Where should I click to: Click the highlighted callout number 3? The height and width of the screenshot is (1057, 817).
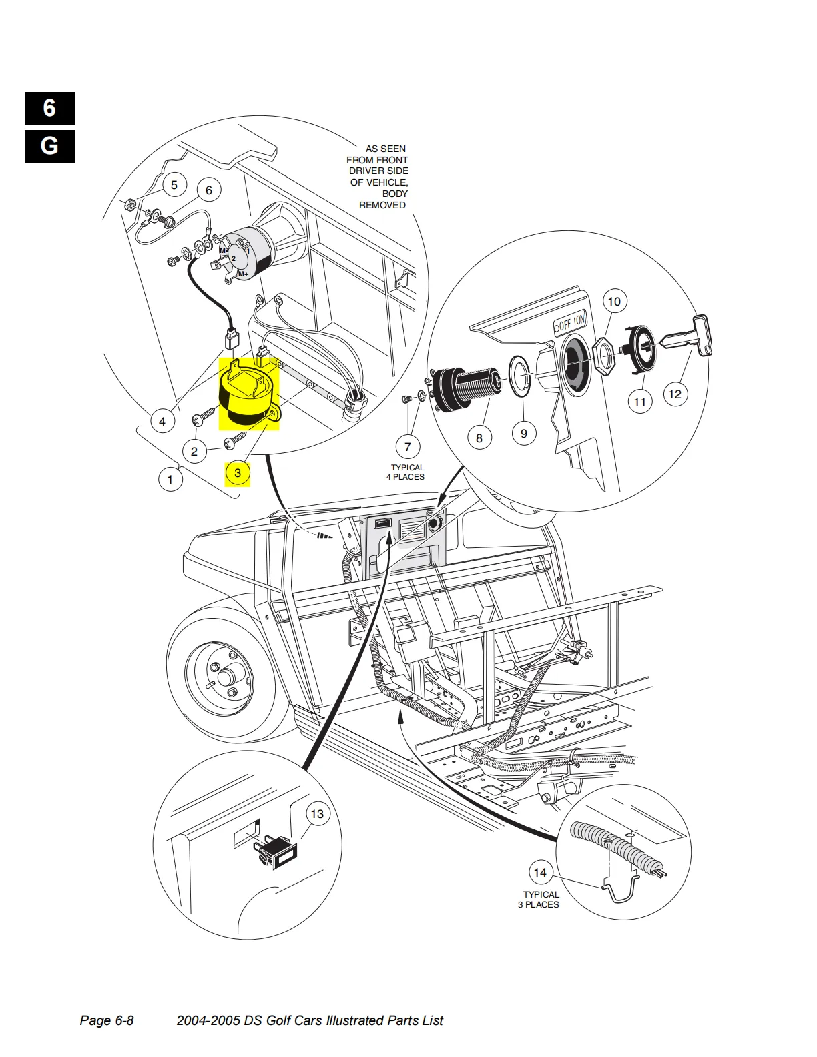point(238,473)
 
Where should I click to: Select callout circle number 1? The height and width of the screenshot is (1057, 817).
point(170,480)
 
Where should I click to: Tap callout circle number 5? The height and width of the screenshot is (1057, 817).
point(174,185)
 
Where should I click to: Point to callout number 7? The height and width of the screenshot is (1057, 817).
point(408,446)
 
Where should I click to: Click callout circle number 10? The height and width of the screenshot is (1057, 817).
point(615,302)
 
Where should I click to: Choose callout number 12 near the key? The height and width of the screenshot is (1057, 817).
point(675,394)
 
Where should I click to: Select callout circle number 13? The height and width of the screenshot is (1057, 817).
point(317,814)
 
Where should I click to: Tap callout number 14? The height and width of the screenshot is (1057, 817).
point(540,873)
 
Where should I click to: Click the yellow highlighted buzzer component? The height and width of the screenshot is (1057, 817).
point(249,394)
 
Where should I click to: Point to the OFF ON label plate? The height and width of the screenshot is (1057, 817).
point(570,322)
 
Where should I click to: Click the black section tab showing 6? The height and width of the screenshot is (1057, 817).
point(49,108)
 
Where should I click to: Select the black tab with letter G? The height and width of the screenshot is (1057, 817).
point(49,146)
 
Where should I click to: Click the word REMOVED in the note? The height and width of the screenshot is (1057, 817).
point(382,205)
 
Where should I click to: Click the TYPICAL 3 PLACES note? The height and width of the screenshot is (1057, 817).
point(539,900)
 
